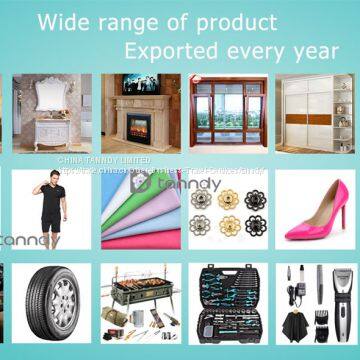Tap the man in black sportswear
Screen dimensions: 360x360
click(50, 210)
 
